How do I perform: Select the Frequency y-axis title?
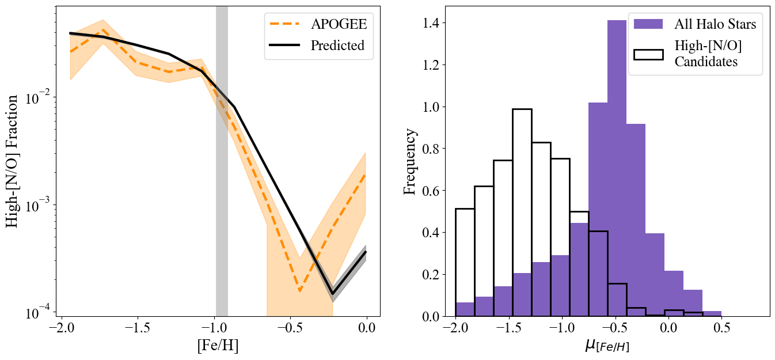point(409,162)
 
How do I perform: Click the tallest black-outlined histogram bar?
point(522,213)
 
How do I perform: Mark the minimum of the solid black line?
point(332,294)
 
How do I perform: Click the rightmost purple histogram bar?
point(712,314)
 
